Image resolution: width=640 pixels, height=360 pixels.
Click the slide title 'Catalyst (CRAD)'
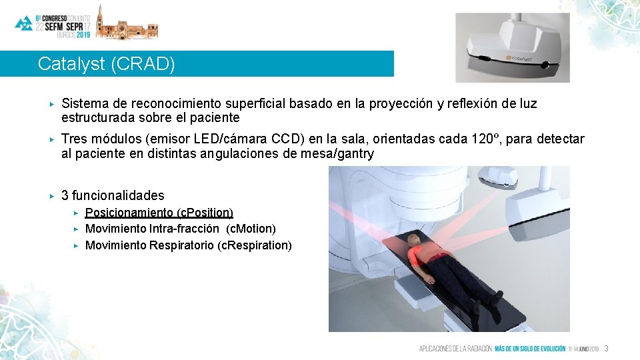pos(107,64)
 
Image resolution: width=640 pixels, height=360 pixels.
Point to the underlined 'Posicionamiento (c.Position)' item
pos(159,213)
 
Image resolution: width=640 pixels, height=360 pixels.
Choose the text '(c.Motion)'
pos(251,229)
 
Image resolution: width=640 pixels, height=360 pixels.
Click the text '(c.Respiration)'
pos(255,245)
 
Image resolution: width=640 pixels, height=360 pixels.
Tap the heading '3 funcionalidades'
pos(113,195)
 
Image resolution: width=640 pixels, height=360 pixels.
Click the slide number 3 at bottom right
pos(607,349)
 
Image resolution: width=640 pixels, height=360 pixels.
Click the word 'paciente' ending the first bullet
pos(216,118)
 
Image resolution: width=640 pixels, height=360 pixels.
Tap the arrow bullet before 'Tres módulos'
pos(51,139)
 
